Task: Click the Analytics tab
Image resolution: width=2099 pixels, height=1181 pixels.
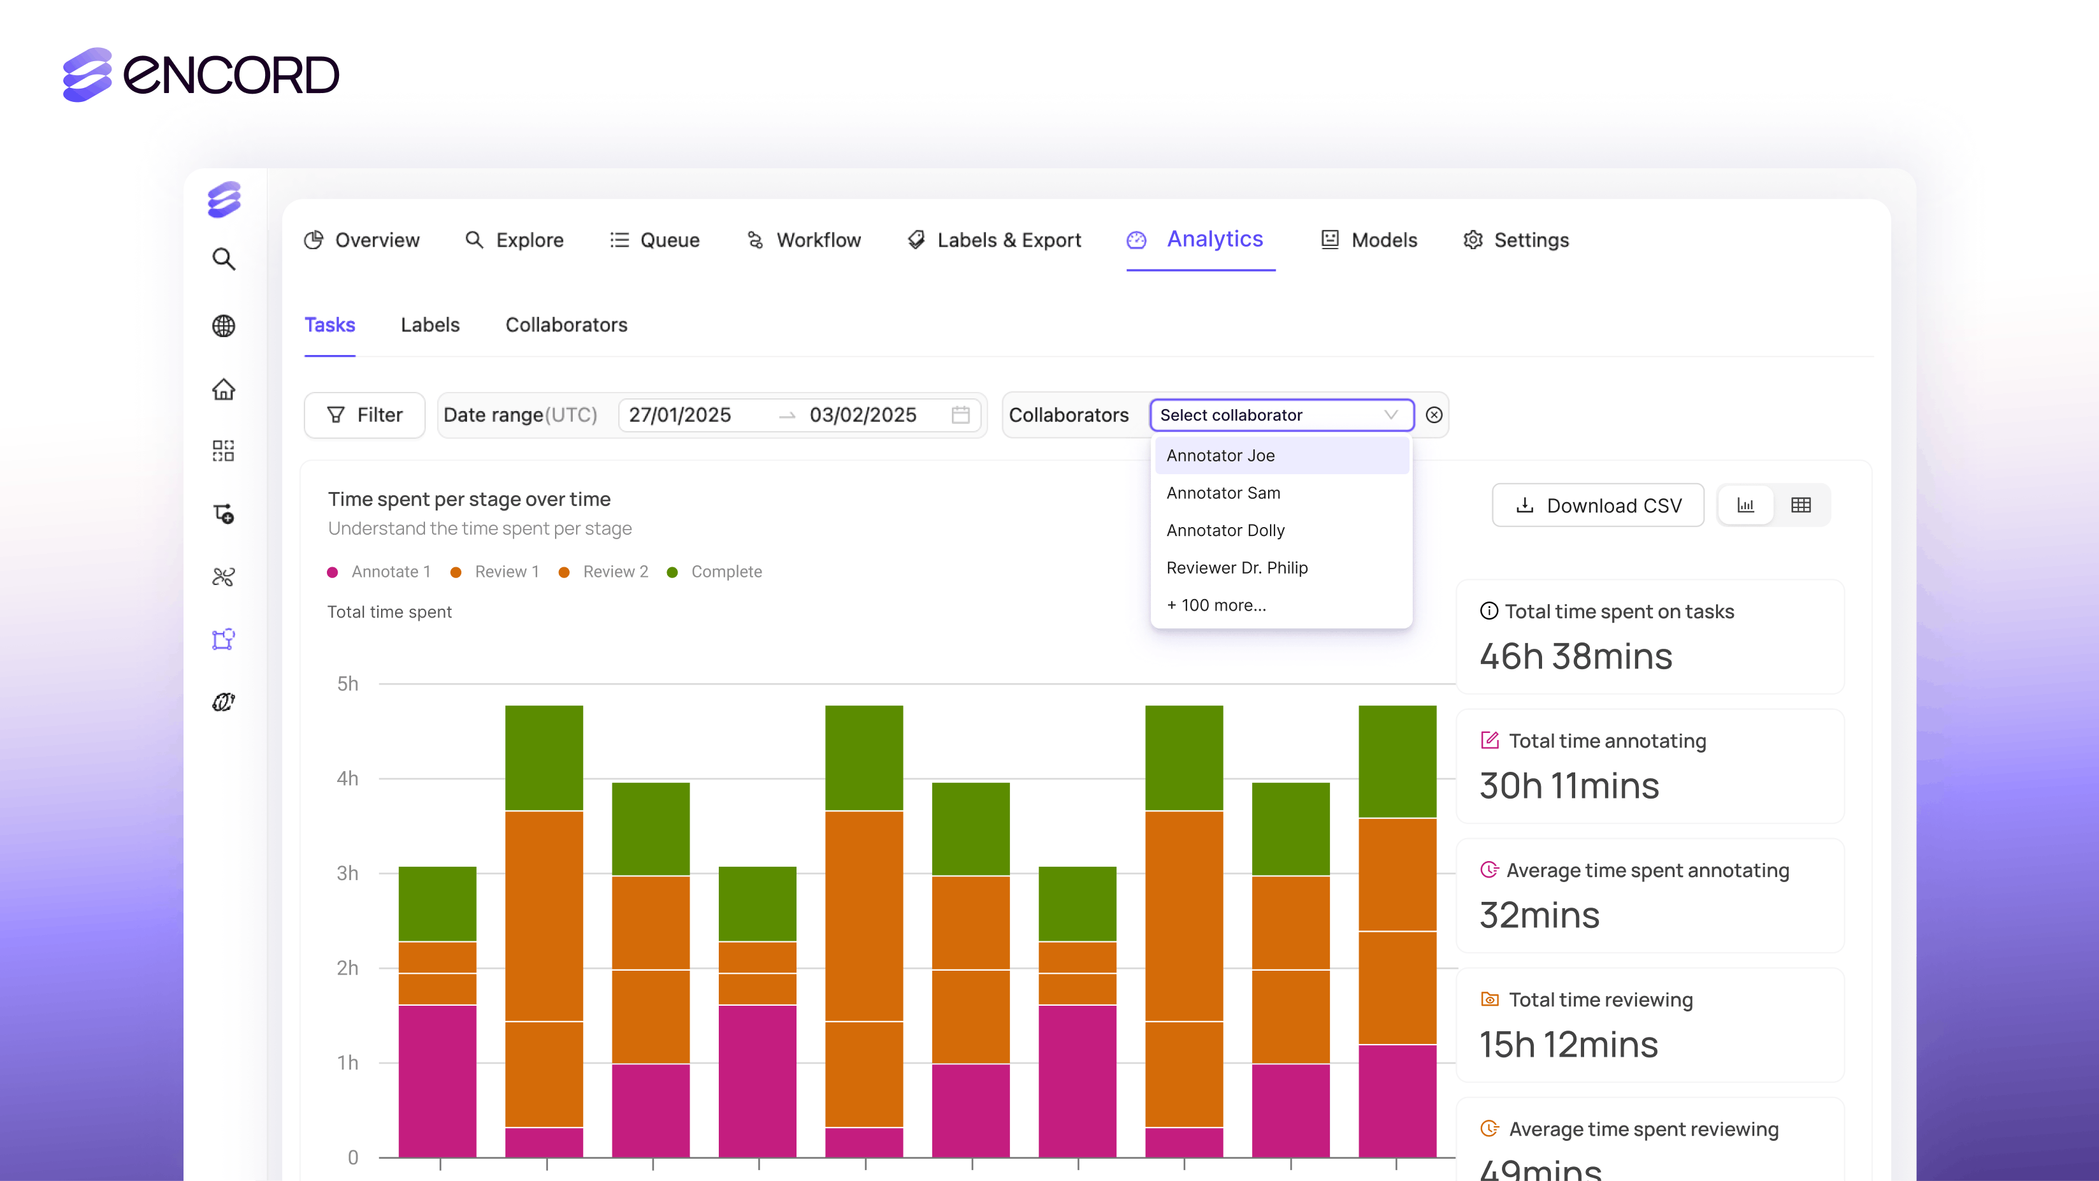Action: (1213, 240)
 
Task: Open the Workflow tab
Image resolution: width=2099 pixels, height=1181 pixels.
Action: (818, 240)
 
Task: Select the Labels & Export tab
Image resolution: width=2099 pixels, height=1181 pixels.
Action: (1008, 240)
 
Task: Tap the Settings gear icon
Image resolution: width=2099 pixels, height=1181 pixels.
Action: (1473, 240)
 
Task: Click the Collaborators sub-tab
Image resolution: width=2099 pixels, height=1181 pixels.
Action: (566, 325)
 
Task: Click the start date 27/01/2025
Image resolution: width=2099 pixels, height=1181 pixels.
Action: (679, 416)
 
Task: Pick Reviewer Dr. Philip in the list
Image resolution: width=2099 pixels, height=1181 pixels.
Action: (1236, 568)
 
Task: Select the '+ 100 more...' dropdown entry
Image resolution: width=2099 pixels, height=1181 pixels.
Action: (1216, 605)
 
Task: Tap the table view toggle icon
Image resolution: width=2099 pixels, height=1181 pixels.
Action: (1801, 505)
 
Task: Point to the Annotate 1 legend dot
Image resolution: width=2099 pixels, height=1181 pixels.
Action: (333, 572)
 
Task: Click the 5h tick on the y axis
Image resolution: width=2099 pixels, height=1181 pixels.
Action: (347, 684)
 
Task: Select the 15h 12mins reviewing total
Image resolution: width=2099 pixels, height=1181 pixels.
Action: (1568, 1045)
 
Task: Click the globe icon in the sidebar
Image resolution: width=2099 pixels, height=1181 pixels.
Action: (223, 326)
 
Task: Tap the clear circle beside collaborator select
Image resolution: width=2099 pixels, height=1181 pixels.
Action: (1434, 416)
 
